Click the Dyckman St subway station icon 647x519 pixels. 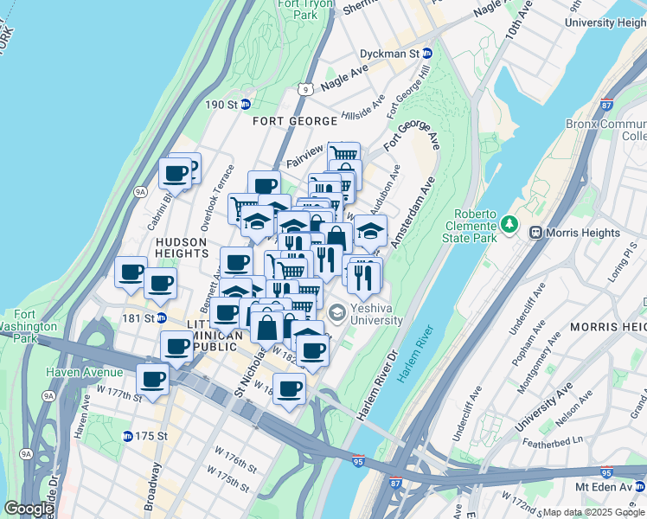click(427, 54)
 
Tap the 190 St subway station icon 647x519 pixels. click(245, 105)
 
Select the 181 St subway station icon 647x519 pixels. click(161, 317)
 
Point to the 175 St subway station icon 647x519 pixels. click(127, 436)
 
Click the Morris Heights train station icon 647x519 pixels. click(535, 233)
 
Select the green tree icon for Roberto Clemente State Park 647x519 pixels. click(510, 225)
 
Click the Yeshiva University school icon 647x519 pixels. click(336, 312)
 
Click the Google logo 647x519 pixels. click(28, 509)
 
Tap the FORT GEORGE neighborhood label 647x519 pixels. click(288, 121)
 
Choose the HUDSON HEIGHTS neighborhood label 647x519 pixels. click(181, 248)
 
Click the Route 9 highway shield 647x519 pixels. click(304, 88)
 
